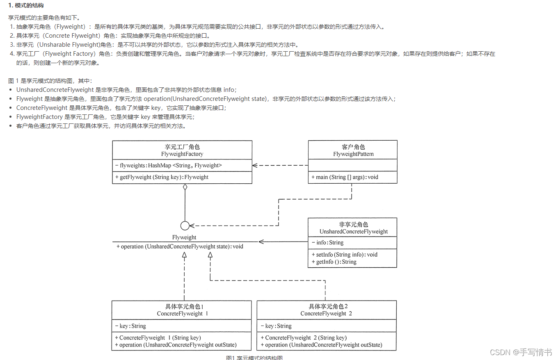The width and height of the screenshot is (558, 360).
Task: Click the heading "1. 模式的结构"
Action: [26, 5]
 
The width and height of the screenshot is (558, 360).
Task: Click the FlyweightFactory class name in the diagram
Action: [182, 154]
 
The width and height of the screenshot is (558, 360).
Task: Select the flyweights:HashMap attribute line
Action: [169, 166]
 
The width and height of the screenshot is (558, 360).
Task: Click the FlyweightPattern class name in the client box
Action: [353, 154]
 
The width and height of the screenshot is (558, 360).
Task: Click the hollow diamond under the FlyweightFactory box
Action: [185, 187]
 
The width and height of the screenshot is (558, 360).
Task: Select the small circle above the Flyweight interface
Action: [185, 226]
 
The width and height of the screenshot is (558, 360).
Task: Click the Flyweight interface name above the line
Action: [184, 237]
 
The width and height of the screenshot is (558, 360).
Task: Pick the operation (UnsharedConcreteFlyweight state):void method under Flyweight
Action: [180, 247]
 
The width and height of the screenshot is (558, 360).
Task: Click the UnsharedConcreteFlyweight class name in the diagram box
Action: [354, 232]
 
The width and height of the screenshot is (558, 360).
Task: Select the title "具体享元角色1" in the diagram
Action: [182, 307]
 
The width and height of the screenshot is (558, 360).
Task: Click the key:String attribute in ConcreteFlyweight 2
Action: [278, 326]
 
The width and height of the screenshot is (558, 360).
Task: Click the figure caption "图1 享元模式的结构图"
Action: [254, 358]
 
